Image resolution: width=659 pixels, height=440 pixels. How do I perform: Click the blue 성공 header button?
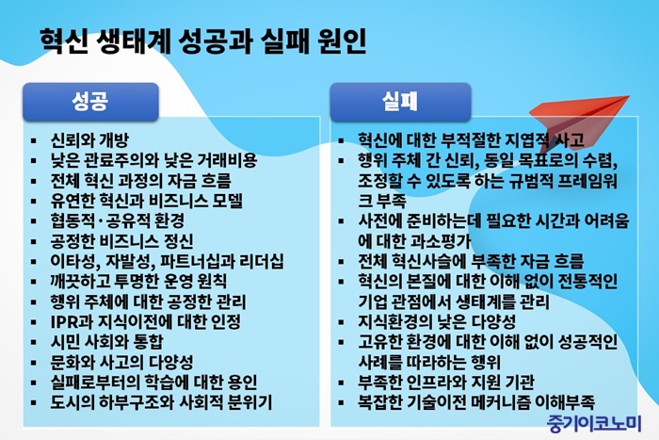90,102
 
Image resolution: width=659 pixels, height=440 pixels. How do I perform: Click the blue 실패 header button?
400,102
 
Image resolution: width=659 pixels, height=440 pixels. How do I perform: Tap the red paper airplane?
580,120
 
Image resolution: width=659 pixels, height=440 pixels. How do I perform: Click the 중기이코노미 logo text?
594,423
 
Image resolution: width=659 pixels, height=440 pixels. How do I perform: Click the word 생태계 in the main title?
134,41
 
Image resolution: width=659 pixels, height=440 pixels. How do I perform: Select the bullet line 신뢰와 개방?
89,140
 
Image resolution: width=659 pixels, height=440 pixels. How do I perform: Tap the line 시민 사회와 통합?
106,342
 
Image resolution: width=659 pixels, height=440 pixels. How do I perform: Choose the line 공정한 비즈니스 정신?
121,241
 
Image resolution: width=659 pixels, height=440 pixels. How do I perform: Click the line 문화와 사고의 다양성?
121,362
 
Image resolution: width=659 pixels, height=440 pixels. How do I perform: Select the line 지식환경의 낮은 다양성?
437,322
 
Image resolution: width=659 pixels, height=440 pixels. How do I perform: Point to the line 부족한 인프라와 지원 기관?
446,382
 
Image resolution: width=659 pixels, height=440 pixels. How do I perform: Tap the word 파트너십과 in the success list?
198,261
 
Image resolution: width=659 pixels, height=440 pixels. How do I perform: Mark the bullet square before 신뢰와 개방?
34,141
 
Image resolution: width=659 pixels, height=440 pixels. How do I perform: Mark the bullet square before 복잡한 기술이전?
341,403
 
